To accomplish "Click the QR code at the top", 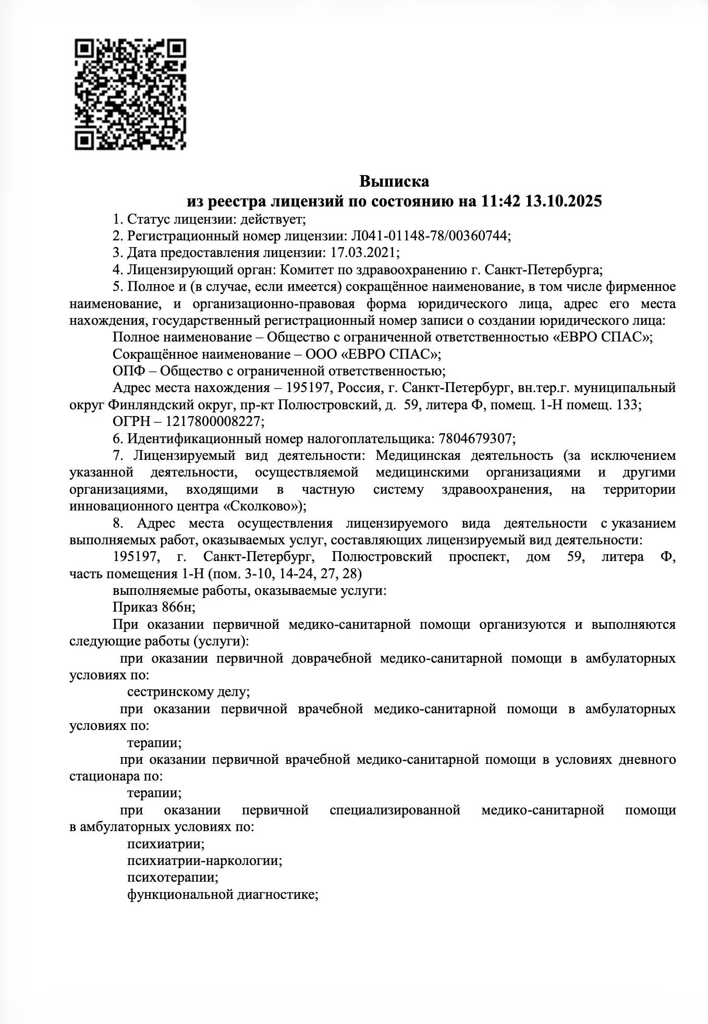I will click(x=130, y=94).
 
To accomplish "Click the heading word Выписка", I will click(x=394, y=181).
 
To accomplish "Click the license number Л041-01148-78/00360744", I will click(x=429, y=236).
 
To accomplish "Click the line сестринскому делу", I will click(x=188, y=692).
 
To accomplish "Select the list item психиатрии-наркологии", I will click(x=204, y=861).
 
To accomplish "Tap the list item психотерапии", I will click(x=173, y=877).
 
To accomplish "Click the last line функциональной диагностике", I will click(x=223, y=895).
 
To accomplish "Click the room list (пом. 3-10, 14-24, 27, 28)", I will click(x=285, y=574).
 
